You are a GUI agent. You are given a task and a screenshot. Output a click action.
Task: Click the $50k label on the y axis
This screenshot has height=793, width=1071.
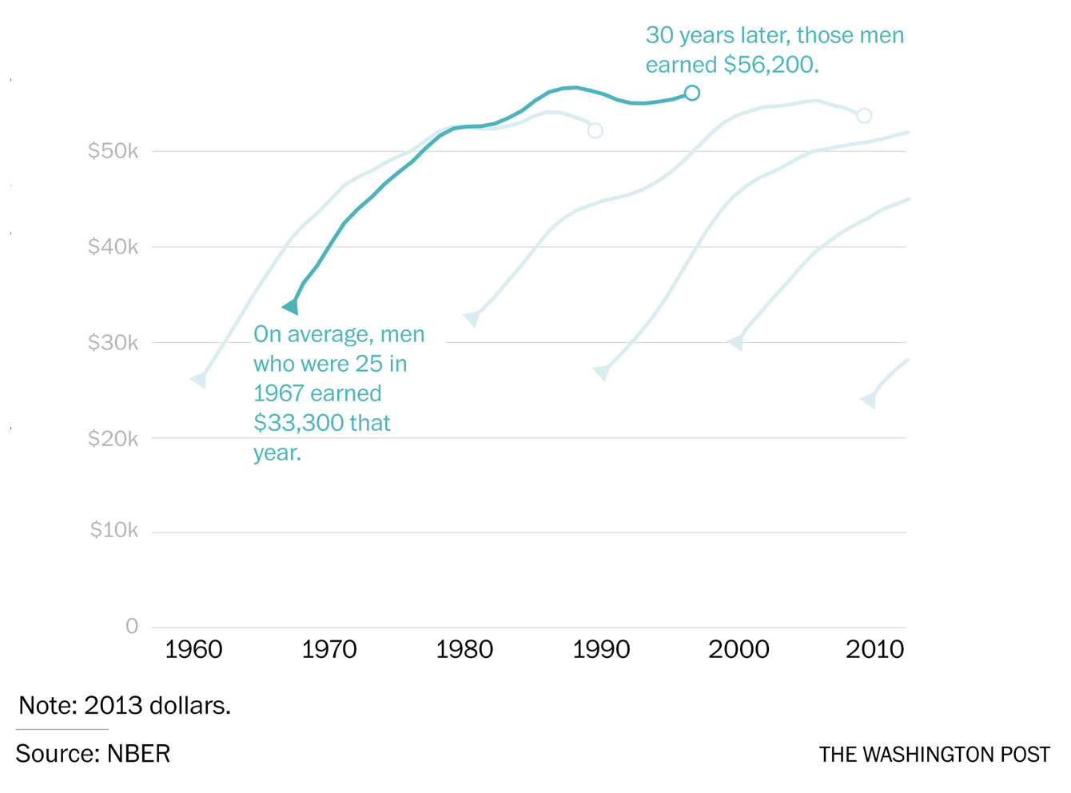(113, 151)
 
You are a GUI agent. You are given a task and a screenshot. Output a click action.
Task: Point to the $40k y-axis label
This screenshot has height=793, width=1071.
(113, 247)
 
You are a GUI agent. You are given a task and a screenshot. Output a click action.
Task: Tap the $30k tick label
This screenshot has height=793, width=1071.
(113, 343)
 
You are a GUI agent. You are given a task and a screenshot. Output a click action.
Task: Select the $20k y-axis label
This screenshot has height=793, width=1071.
(113, 439)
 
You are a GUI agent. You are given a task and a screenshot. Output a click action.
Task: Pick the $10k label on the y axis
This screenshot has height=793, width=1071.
(114, 530)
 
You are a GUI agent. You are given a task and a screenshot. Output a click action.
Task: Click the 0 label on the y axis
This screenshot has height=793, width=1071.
(132, 627)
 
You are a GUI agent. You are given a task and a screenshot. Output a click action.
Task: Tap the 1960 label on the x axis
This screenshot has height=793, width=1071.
(193, 650)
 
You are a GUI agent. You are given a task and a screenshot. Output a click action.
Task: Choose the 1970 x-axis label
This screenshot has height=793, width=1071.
(329, 650)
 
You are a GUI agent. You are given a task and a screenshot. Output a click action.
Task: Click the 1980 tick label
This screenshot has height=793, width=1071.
(464, 650)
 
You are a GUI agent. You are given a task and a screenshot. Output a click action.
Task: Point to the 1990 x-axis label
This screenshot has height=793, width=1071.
(601, 650)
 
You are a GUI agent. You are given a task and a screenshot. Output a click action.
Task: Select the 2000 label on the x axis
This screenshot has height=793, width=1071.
(739, 650)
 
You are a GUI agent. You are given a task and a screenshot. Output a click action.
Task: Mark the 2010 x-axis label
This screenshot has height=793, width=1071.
(875, 650)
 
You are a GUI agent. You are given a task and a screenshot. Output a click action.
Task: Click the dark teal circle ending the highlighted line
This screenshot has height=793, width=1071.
(692, 93)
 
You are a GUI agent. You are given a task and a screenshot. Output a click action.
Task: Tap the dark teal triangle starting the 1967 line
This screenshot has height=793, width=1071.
(291, 306)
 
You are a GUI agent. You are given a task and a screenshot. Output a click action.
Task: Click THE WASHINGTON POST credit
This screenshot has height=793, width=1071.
(934, 755)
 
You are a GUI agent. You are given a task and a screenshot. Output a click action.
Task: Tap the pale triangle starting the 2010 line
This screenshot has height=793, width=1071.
(869, 400)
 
